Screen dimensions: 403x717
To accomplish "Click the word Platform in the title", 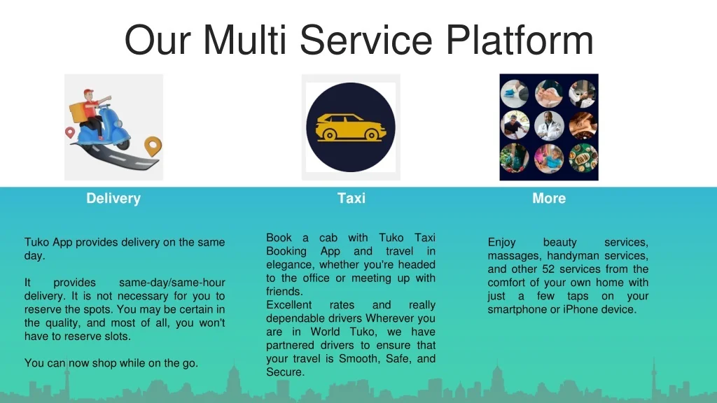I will pos(520,39).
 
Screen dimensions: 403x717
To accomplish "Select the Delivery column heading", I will pos(113,199).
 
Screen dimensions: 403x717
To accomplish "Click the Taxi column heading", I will pos(351,199).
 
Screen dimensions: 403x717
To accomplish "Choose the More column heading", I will pos(548,199).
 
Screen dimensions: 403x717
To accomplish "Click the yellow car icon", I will pos(350,127).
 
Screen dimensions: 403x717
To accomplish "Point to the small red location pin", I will pos(70,132).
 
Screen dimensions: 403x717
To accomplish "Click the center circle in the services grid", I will pos(549,127).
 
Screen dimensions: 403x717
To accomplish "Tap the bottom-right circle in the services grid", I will pos(583,159).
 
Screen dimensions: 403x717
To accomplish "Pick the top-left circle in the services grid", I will pos(515,94).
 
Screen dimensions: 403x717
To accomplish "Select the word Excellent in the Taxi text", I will pos(290,306).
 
